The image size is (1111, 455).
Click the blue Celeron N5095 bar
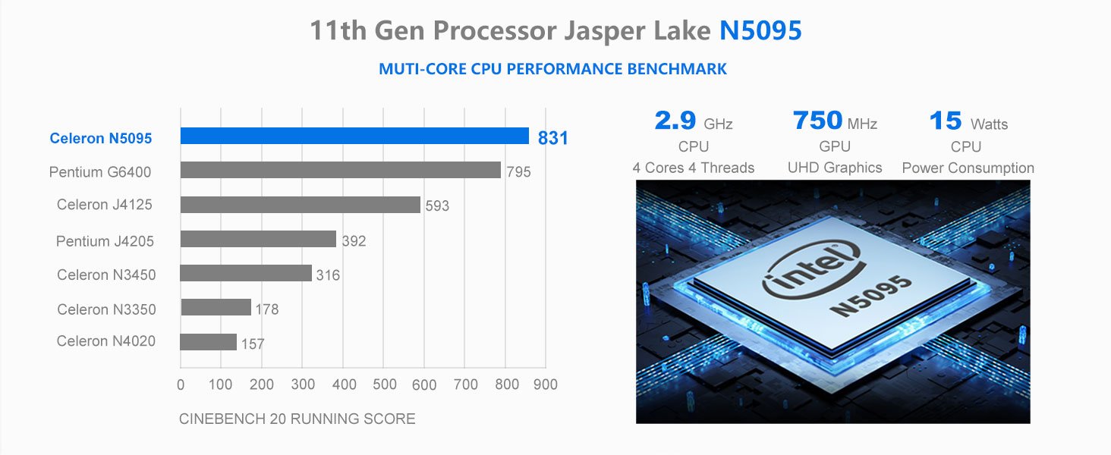coord(354,136)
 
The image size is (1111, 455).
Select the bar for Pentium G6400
coord(341,170)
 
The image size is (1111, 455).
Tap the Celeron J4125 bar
coord(300,205)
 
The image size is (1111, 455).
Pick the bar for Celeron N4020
coord(208,342)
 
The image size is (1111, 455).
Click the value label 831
coord(552,138)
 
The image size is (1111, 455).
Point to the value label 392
coord(354,241)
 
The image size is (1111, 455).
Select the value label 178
coord(266,309)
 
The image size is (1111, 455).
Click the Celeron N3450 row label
coord(106,275)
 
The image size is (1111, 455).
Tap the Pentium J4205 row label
coord(105,241)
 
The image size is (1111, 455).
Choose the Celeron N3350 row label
coord(106,309)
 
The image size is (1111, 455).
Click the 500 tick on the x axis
coord(384,384)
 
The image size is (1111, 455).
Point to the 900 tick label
coord(545,384)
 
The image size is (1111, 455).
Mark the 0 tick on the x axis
coord(181,384)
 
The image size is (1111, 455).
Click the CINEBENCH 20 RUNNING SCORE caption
coord(297,419)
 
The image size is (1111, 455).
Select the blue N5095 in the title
coord(760,31)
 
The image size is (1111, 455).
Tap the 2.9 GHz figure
coord(693,121)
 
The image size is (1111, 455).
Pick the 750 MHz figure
coord(834,121)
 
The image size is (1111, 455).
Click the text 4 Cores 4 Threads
coord(693,168)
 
